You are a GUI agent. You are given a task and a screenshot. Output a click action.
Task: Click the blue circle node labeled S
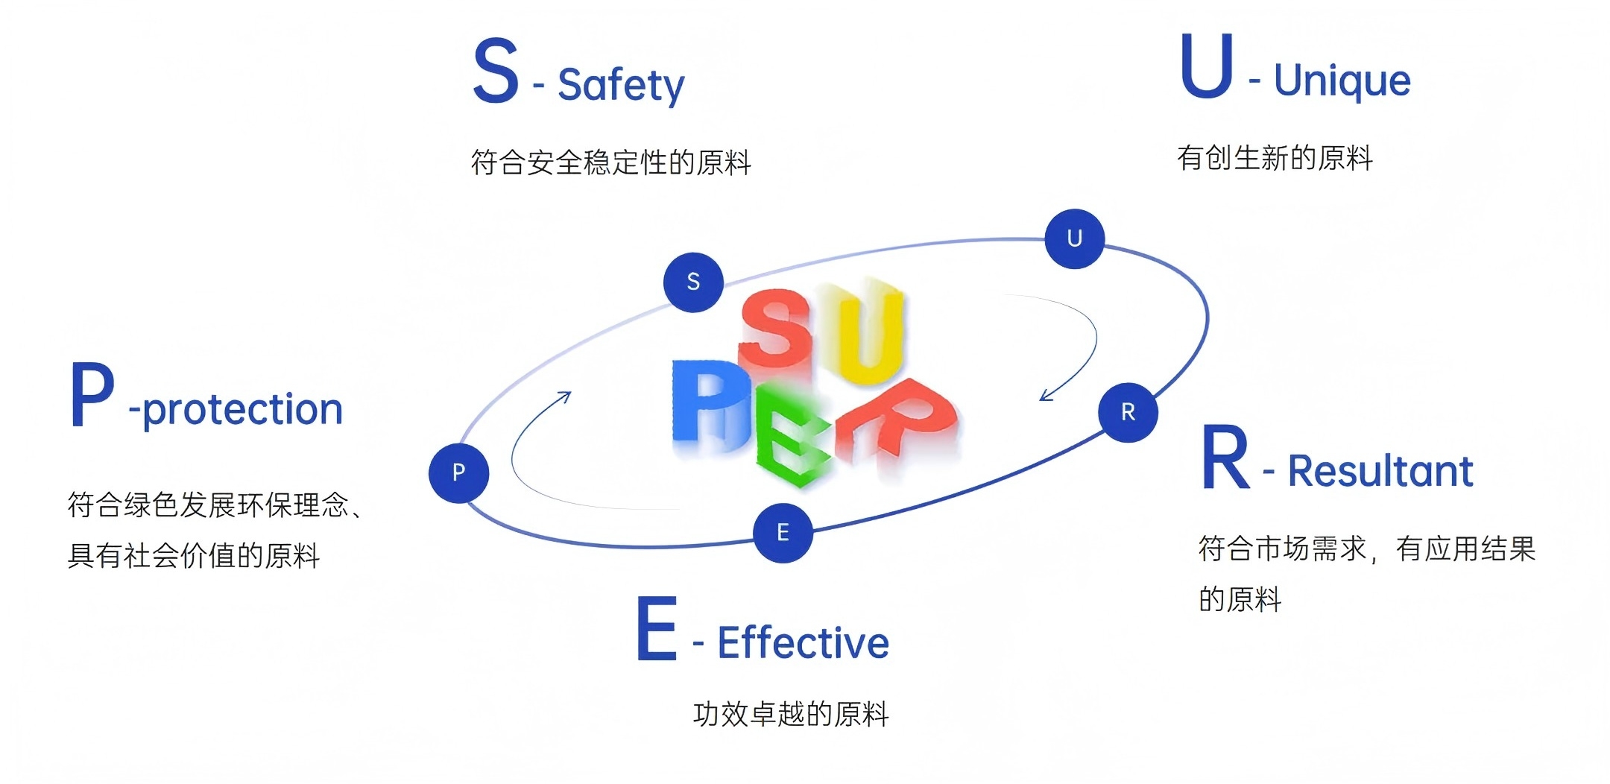point(693,282)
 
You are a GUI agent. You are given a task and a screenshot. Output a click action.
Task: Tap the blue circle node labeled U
point(1074,238)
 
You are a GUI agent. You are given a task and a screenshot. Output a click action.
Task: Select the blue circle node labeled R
point(1128,412)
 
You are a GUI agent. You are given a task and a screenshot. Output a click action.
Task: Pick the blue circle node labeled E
point(783,533)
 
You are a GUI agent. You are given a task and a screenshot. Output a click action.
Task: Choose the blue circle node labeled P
point(458,472)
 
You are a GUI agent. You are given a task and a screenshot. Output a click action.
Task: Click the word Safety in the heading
point(621,85)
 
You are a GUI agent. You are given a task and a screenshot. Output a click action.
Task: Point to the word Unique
point(1342,80)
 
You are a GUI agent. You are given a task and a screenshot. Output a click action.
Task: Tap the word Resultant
point(1380,471)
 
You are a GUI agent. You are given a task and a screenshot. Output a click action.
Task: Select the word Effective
point(803,642)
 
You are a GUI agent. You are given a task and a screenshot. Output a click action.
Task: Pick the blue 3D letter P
point(708,406)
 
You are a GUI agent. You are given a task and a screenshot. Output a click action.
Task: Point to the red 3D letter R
point(898,421)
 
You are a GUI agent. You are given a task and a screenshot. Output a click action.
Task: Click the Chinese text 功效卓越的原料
point(791,714)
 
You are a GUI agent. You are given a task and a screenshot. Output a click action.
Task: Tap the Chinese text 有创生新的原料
point(1275,158)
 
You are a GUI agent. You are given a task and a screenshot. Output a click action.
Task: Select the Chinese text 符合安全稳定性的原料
point(610,162)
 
